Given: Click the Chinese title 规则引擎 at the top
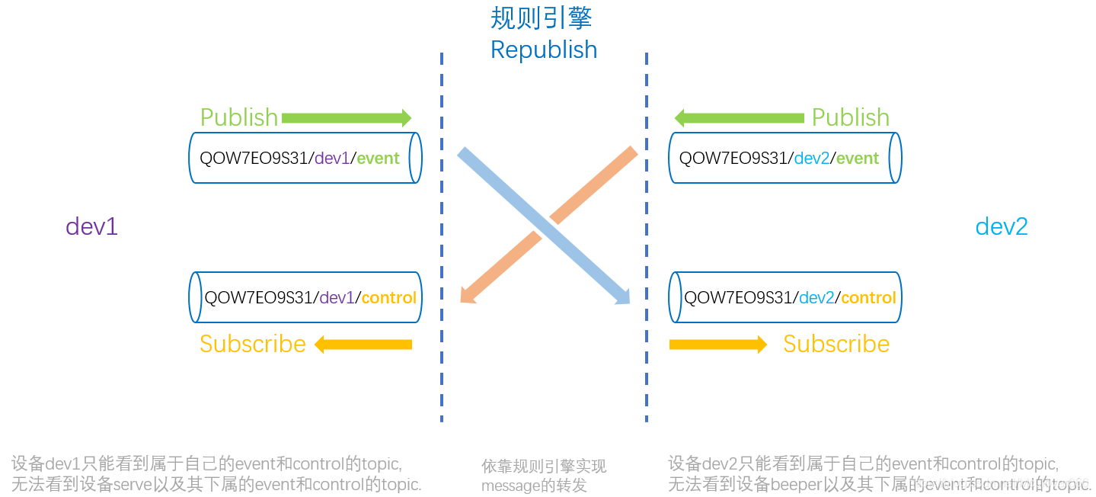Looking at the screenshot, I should [x=541, y=18].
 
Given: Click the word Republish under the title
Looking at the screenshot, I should [x=544, y=50].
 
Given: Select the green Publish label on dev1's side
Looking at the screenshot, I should [x=238, y=117].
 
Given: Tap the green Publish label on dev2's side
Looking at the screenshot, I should [x=850, y=117].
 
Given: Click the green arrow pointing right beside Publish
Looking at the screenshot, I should [x=347, y=117].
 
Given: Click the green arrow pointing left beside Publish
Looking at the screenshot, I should [x=739, y=117].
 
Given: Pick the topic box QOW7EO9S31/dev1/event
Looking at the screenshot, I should [x=305, y=158].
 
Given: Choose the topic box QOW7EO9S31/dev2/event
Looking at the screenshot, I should [x=784, y=158].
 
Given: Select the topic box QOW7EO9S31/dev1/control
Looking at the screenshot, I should [x=305, y=297].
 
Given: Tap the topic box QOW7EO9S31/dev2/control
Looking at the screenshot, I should [x=784, y=297].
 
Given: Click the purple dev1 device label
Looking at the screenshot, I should [x=91, y=226].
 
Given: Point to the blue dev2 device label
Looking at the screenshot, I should [x=1002, y=226].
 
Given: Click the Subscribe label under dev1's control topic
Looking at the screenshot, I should [x=252, y=344].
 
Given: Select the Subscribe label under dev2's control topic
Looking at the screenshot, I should [x=836, y=344].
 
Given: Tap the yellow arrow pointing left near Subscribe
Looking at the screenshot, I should [x=363, y=345].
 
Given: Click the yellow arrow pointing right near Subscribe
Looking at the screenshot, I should [x=718, y=345].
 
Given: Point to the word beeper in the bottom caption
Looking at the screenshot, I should [x=791, y=484].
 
